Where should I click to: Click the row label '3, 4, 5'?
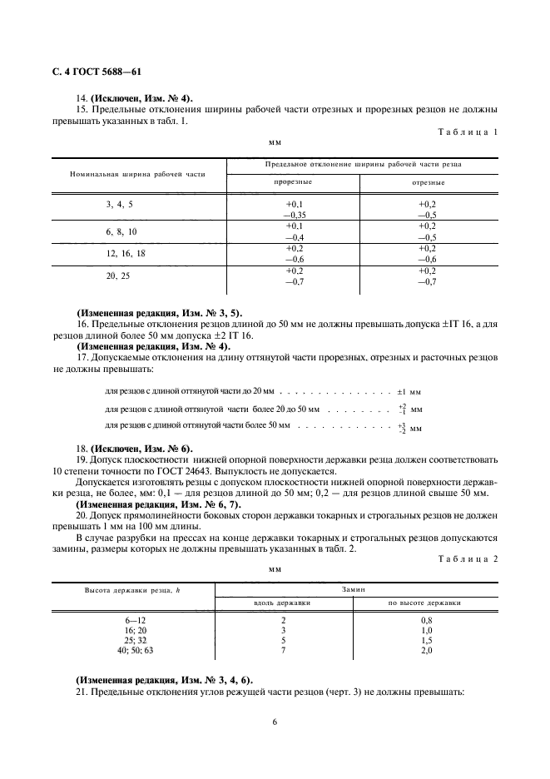pos(119,204)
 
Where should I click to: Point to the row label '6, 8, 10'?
pos(121,231)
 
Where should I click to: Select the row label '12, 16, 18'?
pos(124,252)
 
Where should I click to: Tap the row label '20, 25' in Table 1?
pos(117,275)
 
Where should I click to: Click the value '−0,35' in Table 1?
pos(295,214)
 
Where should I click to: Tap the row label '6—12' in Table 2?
pos(133,620)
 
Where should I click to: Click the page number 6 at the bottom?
pos(275,722)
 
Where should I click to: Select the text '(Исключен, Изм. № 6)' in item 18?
pos(140,447)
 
